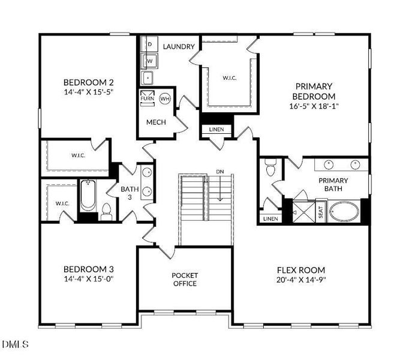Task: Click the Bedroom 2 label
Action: (89, 82)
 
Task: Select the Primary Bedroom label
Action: (314, 91)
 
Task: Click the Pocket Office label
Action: (185, 280)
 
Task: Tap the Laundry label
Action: (179, 46)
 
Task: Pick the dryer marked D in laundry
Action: (150, 45)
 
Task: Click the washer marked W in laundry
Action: (150, 61)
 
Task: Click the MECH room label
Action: (156, 122)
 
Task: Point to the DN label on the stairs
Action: (220, 172)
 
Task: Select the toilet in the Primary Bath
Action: (270, 166)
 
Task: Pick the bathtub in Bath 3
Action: (88, 196)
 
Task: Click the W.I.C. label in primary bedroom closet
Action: (230, 77)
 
